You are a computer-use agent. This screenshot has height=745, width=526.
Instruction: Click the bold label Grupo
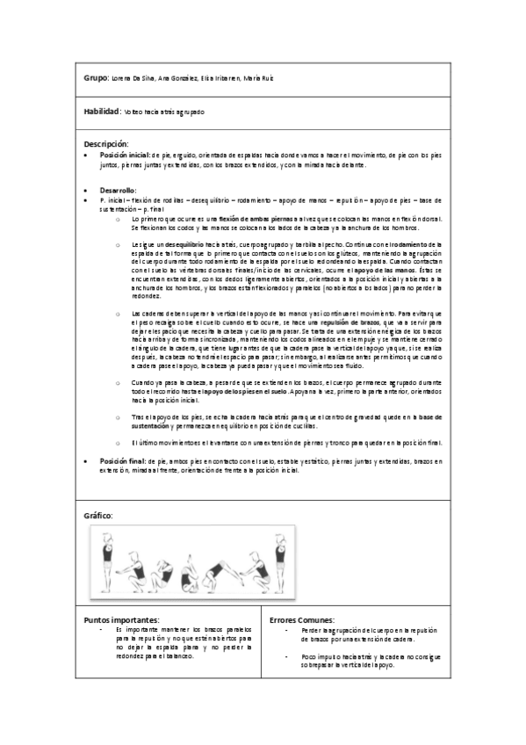tap(95, 78)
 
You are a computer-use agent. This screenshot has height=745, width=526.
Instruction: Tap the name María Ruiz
tap(260, 79)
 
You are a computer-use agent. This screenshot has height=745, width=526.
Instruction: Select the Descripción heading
tap(106, 143)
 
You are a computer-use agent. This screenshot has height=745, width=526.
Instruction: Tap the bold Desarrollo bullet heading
tap(118, 190)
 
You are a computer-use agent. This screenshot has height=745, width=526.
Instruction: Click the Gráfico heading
tap(98, 515)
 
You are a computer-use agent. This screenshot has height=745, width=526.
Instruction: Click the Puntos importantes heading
tap(122, 620)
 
